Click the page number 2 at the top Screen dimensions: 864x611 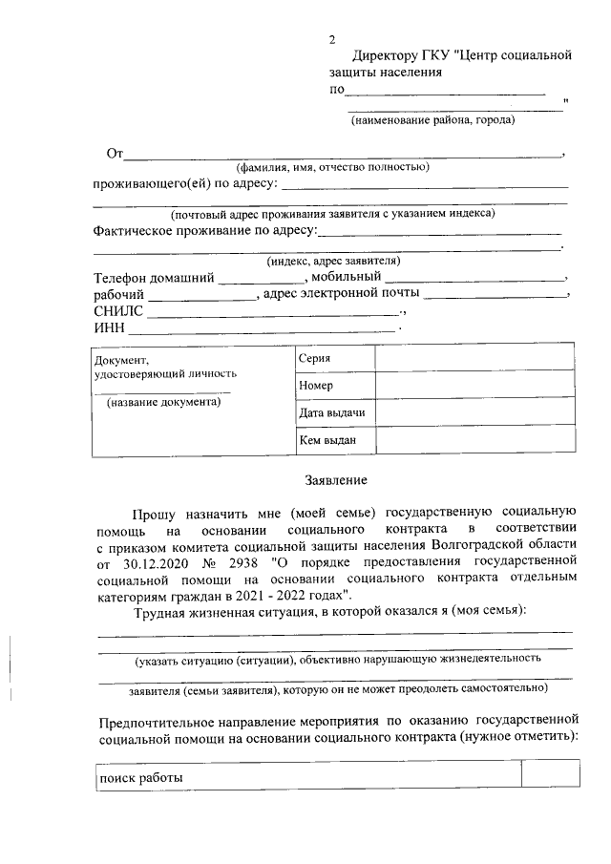click(332, 40)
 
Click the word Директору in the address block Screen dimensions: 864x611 click(394, 55)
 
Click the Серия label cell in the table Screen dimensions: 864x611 click(314, 358)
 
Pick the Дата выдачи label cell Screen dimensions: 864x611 click(331, 412)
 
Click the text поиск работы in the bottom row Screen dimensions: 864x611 click(140, 777)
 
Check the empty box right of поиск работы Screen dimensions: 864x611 click(550, 775)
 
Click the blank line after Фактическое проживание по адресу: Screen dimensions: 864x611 click(439, 231)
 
